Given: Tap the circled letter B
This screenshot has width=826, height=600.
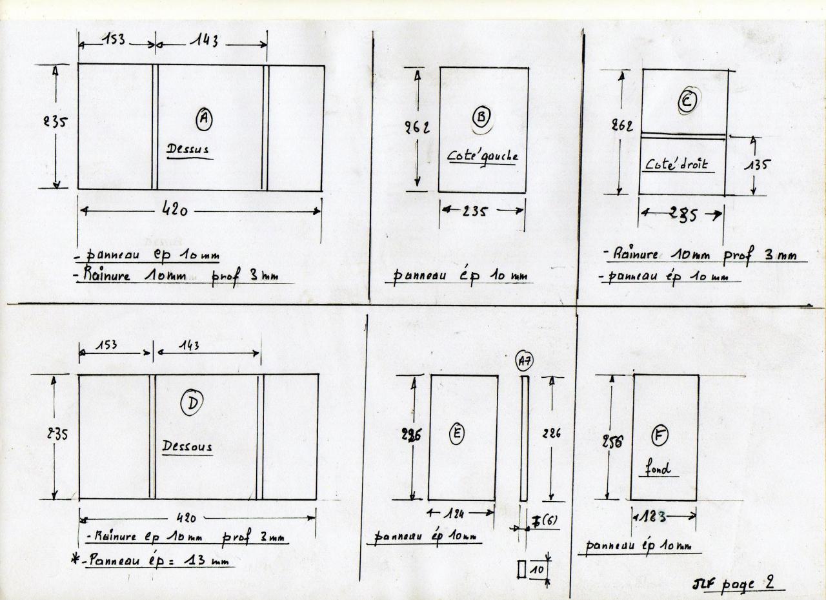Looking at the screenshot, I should pos(481,117).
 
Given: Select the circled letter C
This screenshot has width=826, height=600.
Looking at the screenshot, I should pos(687,101).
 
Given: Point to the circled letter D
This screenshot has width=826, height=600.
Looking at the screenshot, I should pos(192,404).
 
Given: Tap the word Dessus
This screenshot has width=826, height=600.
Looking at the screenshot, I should pos(188,150).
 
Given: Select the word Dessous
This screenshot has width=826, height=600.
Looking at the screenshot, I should pos(187,446).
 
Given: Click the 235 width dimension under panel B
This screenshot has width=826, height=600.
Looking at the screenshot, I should pos(483,211).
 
